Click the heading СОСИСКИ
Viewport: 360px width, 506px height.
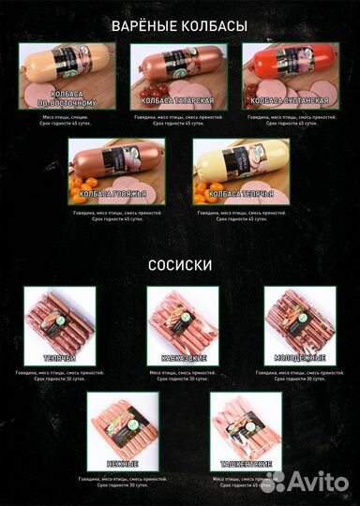[x=179, y=265]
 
